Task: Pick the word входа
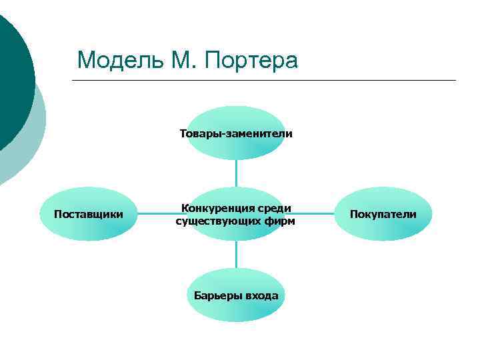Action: pos(261,295)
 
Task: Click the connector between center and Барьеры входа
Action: pos(236,255)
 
